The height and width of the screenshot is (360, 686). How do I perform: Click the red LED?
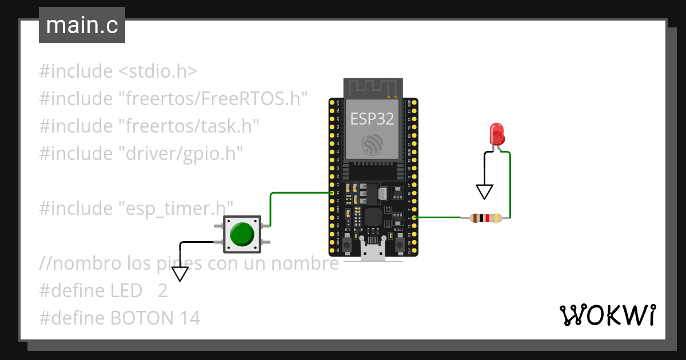[x=497, y=134]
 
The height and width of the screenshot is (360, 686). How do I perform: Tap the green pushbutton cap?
[x=242, y=234]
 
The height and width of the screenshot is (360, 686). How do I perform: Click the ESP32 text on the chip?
[x=372, y=118]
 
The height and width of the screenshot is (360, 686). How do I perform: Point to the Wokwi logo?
[x=607, y=315]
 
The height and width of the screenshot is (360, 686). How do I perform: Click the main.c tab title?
[x=82, y=25]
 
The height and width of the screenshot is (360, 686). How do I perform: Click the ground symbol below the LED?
[x=485, y=191]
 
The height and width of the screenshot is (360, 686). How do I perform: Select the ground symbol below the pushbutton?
[x=180, y=274]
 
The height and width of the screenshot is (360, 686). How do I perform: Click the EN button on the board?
[x=347, y=244]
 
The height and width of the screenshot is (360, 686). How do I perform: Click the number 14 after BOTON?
[x=190, y=318]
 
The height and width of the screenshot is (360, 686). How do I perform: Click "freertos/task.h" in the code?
[x=189, y=126]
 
